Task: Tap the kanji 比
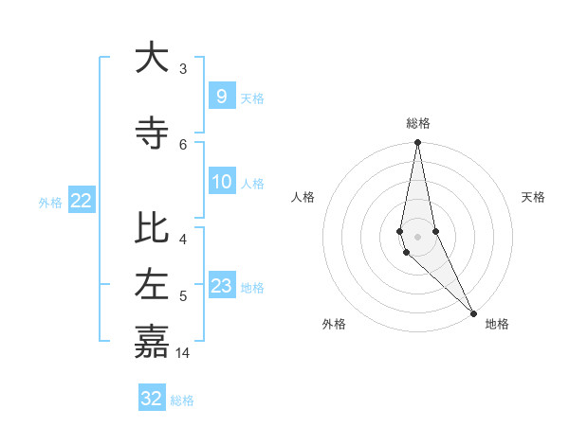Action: tap(152, 228)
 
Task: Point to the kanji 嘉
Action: tap(152, 340)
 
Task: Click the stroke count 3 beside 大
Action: tap(183, 69)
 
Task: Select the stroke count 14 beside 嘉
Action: tap(184, 352)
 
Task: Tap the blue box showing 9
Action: tap(221, 96)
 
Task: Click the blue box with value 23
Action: tap(222, 285)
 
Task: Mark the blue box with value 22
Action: tap(82, 200)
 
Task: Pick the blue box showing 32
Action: tap(152, 399)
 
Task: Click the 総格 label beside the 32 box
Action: tap(182, 400)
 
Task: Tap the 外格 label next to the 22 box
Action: tap(50, 202)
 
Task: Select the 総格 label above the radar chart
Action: tap(418, 123)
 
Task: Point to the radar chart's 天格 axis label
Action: tap(534, 197)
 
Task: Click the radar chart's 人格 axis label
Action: tap(303, 197)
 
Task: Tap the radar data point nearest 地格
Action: tap(473, 311)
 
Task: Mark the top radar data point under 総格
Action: tap(417, 142)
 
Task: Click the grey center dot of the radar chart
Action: tap(417, 237)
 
